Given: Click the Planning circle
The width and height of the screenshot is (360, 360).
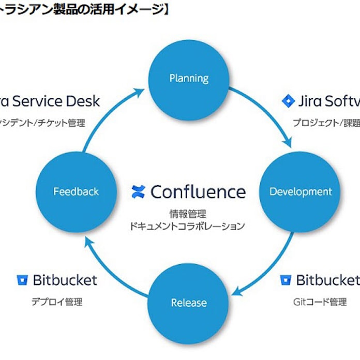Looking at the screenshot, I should pyautogui.click(x=189, y=79).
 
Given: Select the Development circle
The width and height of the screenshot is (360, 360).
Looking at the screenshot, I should pyautogui.click(x=301, y=191).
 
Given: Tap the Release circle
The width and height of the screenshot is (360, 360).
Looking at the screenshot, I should pyautogui.click(x=189, y=303).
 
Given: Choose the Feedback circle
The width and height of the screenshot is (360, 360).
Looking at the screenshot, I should pyautogui.click(x=76, y=191).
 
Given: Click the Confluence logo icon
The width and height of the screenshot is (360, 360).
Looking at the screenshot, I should pyautogui.click(x=138, y=191).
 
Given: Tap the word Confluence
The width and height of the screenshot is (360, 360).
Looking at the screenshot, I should pyautogui.click(x=198, y=191).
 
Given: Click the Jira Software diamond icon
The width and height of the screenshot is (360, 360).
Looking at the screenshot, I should pyautogui.click(x=288, y=101).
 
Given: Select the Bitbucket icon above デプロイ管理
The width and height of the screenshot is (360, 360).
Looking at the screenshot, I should pyautogui.click(x=22, y=280).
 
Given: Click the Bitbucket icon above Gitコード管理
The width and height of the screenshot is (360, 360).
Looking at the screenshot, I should pyautogui.click(x=286, y=280).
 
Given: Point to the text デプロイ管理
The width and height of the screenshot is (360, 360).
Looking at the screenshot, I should pyautogui.click(x=56, y=302).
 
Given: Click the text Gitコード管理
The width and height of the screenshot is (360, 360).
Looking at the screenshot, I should pyautogui.click(x=320, y=302).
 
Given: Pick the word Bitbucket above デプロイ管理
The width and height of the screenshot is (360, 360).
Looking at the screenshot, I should pyautogui.click(x=65, y=280).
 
